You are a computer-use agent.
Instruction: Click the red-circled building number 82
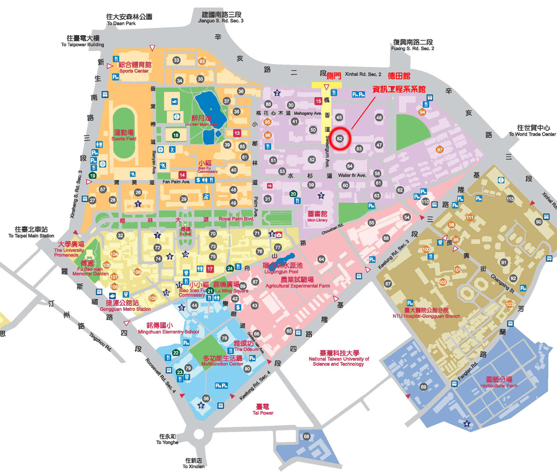click(340, 138)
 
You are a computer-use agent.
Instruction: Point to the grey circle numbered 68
click(307, 436)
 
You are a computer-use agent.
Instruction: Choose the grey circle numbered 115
click(510, 199)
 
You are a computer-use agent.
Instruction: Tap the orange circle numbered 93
click(202, 61)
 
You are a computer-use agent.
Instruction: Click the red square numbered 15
click(318, 101)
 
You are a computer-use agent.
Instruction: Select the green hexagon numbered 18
click(175, 135)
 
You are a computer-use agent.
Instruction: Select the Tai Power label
click(263, 409)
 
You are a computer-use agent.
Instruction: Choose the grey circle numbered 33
click(176, 60)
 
